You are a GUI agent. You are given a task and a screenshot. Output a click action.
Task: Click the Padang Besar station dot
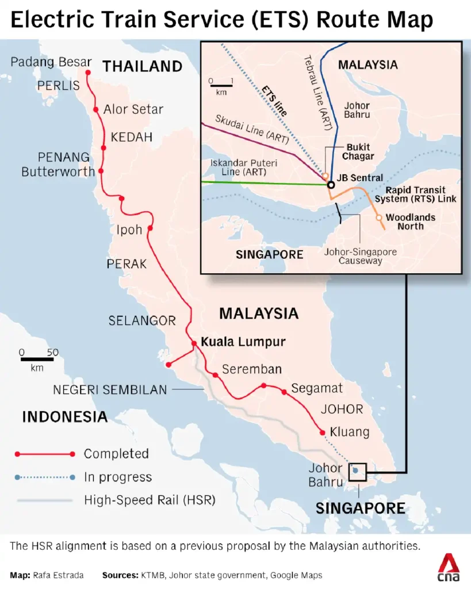[x=88, y=72]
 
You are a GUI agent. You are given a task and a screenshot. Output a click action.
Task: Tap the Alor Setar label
[x=133, y=109]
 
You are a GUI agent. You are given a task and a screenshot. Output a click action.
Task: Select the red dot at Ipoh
[x=150, y=228]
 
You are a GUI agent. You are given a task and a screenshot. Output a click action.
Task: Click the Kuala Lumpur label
[x=243, y=342]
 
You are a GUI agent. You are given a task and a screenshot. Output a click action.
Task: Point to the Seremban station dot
[x=215, y=375]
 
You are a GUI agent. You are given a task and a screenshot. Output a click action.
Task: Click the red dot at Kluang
[x=322, y=432]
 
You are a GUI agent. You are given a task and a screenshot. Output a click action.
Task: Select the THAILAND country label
[x=142, y=66]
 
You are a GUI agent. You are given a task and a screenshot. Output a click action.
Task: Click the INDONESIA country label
[x=64, y=416]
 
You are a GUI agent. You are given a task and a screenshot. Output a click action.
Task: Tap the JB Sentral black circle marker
[x=331, y=185]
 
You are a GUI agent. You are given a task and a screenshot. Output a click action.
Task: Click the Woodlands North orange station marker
[x=378, y=217]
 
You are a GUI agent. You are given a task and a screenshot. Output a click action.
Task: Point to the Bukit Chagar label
[x=358, y=152]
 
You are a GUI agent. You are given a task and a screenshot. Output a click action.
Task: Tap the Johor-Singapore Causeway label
[x=360, y=257]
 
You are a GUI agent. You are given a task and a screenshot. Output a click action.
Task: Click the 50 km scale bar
[x=37, y=359]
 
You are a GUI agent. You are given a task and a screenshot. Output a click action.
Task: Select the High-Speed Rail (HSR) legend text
[x=150, y=500]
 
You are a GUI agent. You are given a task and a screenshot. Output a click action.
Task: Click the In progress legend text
[x=117, y=477]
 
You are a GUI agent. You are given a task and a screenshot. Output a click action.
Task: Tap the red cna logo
[x=448, y=568]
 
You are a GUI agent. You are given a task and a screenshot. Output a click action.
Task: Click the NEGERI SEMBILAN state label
[x=110, y=390]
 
